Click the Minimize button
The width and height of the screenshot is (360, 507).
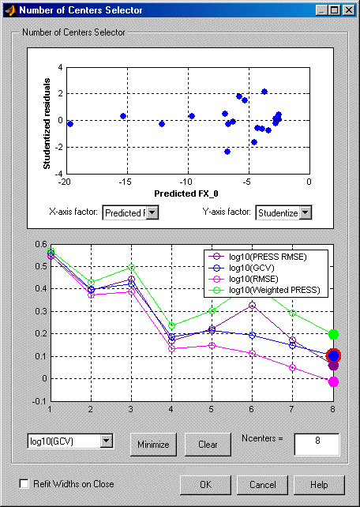[x=153, y=445]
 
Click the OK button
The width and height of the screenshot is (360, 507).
[x=205, y=485]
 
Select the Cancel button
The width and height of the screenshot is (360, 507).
[x=262, y=485]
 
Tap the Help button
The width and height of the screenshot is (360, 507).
[x=319, y=485]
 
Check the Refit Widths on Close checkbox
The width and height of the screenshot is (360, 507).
[x=24, y=484]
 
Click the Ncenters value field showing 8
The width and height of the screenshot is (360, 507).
[x=317, y=445]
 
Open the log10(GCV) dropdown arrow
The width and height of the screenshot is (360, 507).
[x=107, y=441]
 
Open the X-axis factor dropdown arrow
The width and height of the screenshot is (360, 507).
[x=152, y=213]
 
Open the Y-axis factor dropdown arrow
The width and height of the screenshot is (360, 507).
[x=306, y=213]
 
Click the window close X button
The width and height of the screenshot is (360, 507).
[x=348, y=10]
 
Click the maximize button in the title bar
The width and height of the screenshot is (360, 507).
[x=335, y=10]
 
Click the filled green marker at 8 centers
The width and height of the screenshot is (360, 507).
[x=333, y=334]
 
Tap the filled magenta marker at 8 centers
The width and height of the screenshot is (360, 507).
[x=333, y=382]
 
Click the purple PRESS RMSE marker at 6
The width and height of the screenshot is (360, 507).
[x=252, y=305]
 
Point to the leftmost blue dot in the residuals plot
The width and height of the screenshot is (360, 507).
[x=70, y=124]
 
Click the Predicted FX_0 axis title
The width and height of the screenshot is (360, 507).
[x=184, y=193]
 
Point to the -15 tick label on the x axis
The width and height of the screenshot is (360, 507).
[x=125, y=182]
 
